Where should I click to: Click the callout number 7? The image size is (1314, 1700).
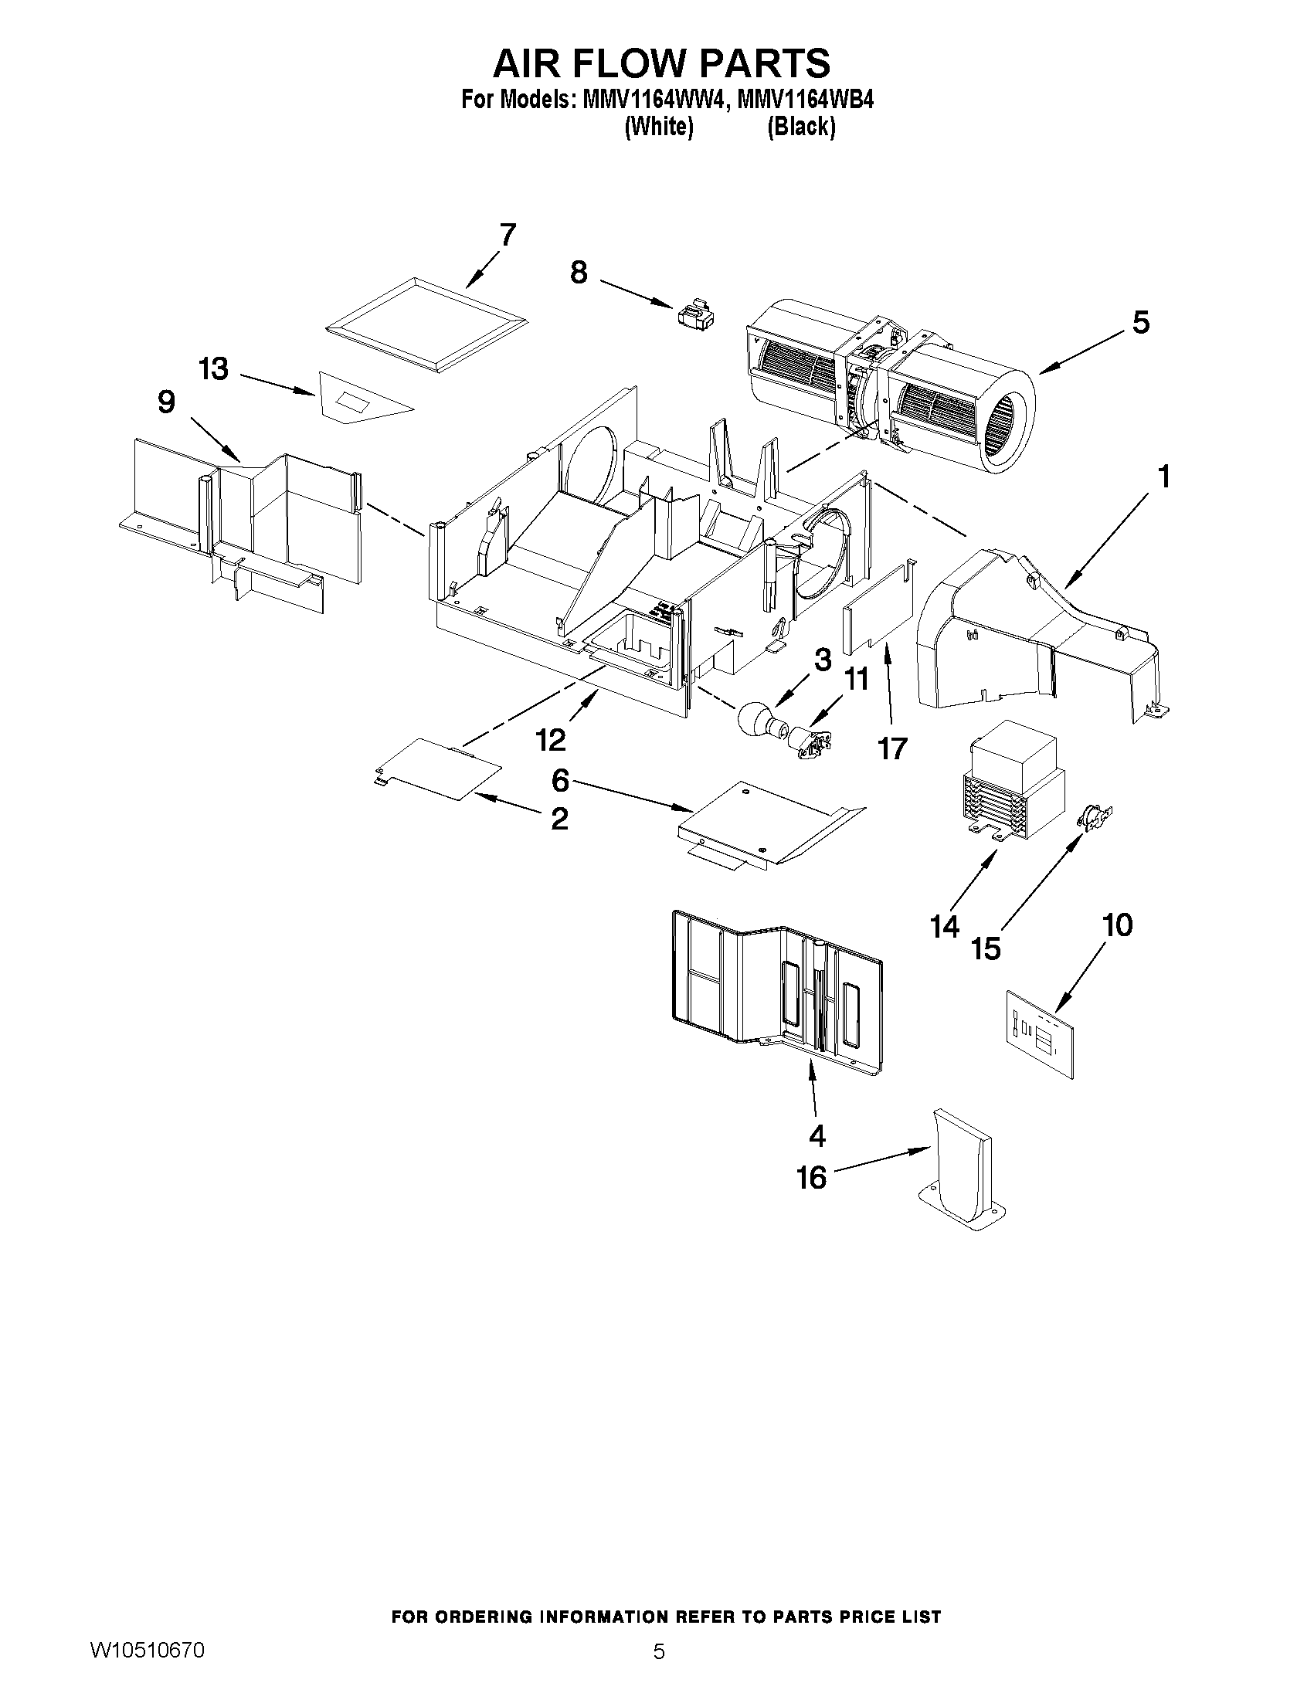(507, 234)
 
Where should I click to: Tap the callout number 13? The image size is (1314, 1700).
(213, 369)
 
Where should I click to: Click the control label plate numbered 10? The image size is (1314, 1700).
(1039, 1033)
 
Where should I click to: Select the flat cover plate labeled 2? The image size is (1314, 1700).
(436, 768)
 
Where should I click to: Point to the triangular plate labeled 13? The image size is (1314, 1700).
(360, 397)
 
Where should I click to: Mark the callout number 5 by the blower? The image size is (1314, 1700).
(1139, 322)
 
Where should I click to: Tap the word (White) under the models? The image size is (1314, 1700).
(659, 127)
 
